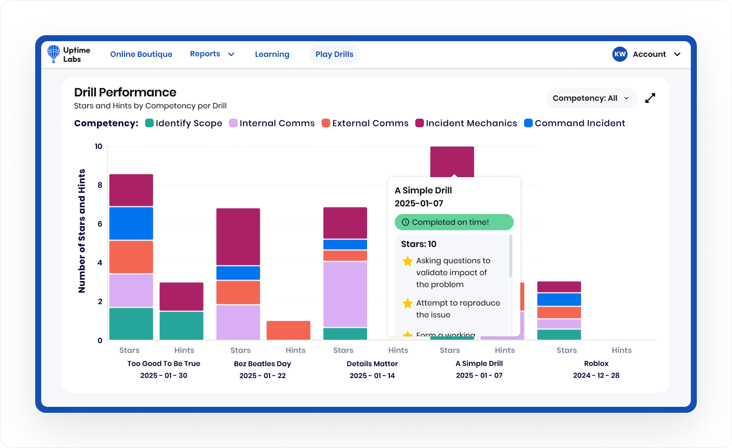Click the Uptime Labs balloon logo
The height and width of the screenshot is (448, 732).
54,54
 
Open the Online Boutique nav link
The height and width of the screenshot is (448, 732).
141,54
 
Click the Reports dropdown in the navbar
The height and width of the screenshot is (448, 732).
212,54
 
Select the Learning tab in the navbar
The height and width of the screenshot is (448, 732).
272,54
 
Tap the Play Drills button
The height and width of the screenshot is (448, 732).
334,54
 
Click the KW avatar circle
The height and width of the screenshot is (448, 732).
620,54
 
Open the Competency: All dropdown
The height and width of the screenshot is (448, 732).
591,98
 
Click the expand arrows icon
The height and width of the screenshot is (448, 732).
650,98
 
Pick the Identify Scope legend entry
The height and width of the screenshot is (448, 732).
184,123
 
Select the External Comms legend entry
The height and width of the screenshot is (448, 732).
365,123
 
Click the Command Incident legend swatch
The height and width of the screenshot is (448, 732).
528,123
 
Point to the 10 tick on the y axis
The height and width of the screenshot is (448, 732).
98,146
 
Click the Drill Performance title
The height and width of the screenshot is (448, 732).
125,92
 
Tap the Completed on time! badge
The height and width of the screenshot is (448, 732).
454,222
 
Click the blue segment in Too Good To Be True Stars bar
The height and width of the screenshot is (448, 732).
131,223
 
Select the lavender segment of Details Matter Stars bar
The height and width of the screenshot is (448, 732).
345,294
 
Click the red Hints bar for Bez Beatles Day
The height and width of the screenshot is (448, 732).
289,330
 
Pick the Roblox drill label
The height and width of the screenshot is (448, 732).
596,363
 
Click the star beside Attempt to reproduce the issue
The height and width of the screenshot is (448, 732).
408,303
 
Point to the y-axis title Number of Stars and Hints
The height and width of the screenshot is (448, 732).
82,231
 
